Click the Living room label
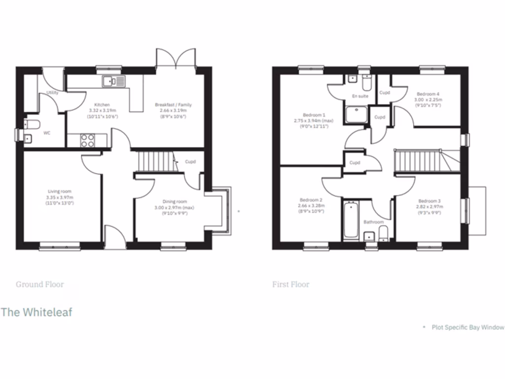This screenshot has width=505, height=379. click(x=60, y=191)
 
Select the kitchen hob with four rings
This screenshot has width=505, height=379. click(x=87, y=141)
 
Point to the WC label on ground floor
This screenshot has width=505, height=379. click(x=47, y=133)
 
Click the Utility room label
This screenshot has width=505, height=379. click(x=52, y=92)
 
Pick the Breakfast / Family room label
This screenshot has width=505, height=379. click(x=173, y=105)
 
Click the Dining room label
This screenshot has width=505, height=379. click(x=175, y=201)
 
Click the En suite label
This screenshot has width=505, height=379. click(x=360, y=96)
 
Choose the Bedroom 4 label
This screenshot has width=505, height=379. click(x=428, y=94)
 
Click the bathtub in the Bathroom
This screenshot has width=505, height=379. click(x=351, y=220)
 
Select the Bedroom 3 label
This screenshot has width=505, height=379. click(x=429, y=201)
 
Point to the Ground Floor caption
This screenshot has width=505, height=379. click(x=40, y=284)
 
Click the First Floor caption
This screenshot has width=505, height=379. click(x=291, y=284)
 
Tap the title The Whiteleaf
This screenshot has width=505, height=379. click(x=36, y=312)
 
